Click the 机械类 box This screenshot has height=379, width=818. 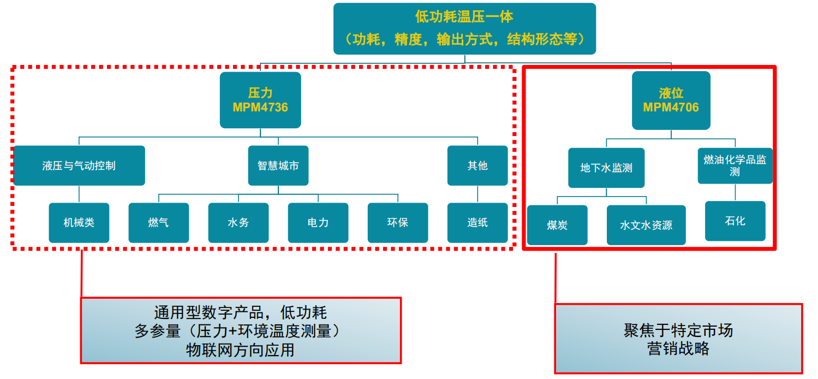pyautogui.click(x=79, y=223)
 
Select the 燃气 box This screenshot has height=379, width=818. pyautogui.click(x=159, y=223)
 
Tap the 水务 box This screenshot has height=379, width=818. pyautogui.click(x=238, y=223)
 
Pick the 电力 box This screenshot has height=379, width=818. pyautogui.click(x=318, y=223)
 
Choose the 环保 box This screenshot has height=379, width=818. pyautogui.click(x=398, y=223)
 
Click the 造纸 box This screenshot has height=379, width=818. pyautogui.click(x=477, y=223)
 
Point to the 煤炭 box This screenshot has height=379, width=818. pyautogui.click(x=557, y=225)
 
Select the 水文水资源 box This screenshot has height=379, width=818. pyautogui.click(x=646, y=225)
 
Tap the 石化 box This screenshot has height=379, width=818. pyautogui.click(x=735, y=221)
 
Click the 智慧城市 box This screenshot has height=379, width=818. pyautogui.click(x=278, y=165)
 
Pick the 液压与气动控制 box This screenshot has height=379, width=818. pyautogui.click(x=79, y=165)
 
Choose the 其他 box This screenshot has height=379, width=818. pyautogui.click(x=477, y=165)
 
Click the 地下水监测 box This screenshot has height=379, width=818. pyautogui.click(x=606, y=168)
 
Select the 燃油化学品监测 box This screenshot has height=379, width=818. pyautogui.click(x=735, y=165)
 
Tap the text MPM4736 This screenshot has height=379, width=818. pyautogui.click(x=260, y=108)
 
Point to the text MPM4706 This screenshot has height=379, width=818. pyautogui.click(x=671, y=107)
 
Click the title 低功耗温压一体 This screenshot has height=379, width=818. pyautogui.click(x=464, y=17)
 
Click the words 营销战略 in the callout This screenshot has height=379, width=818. pyautogui.click(x=678, y=349)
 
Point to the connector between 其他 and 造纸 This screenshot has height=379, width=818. pyautogui.click(x=477, y=194)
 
